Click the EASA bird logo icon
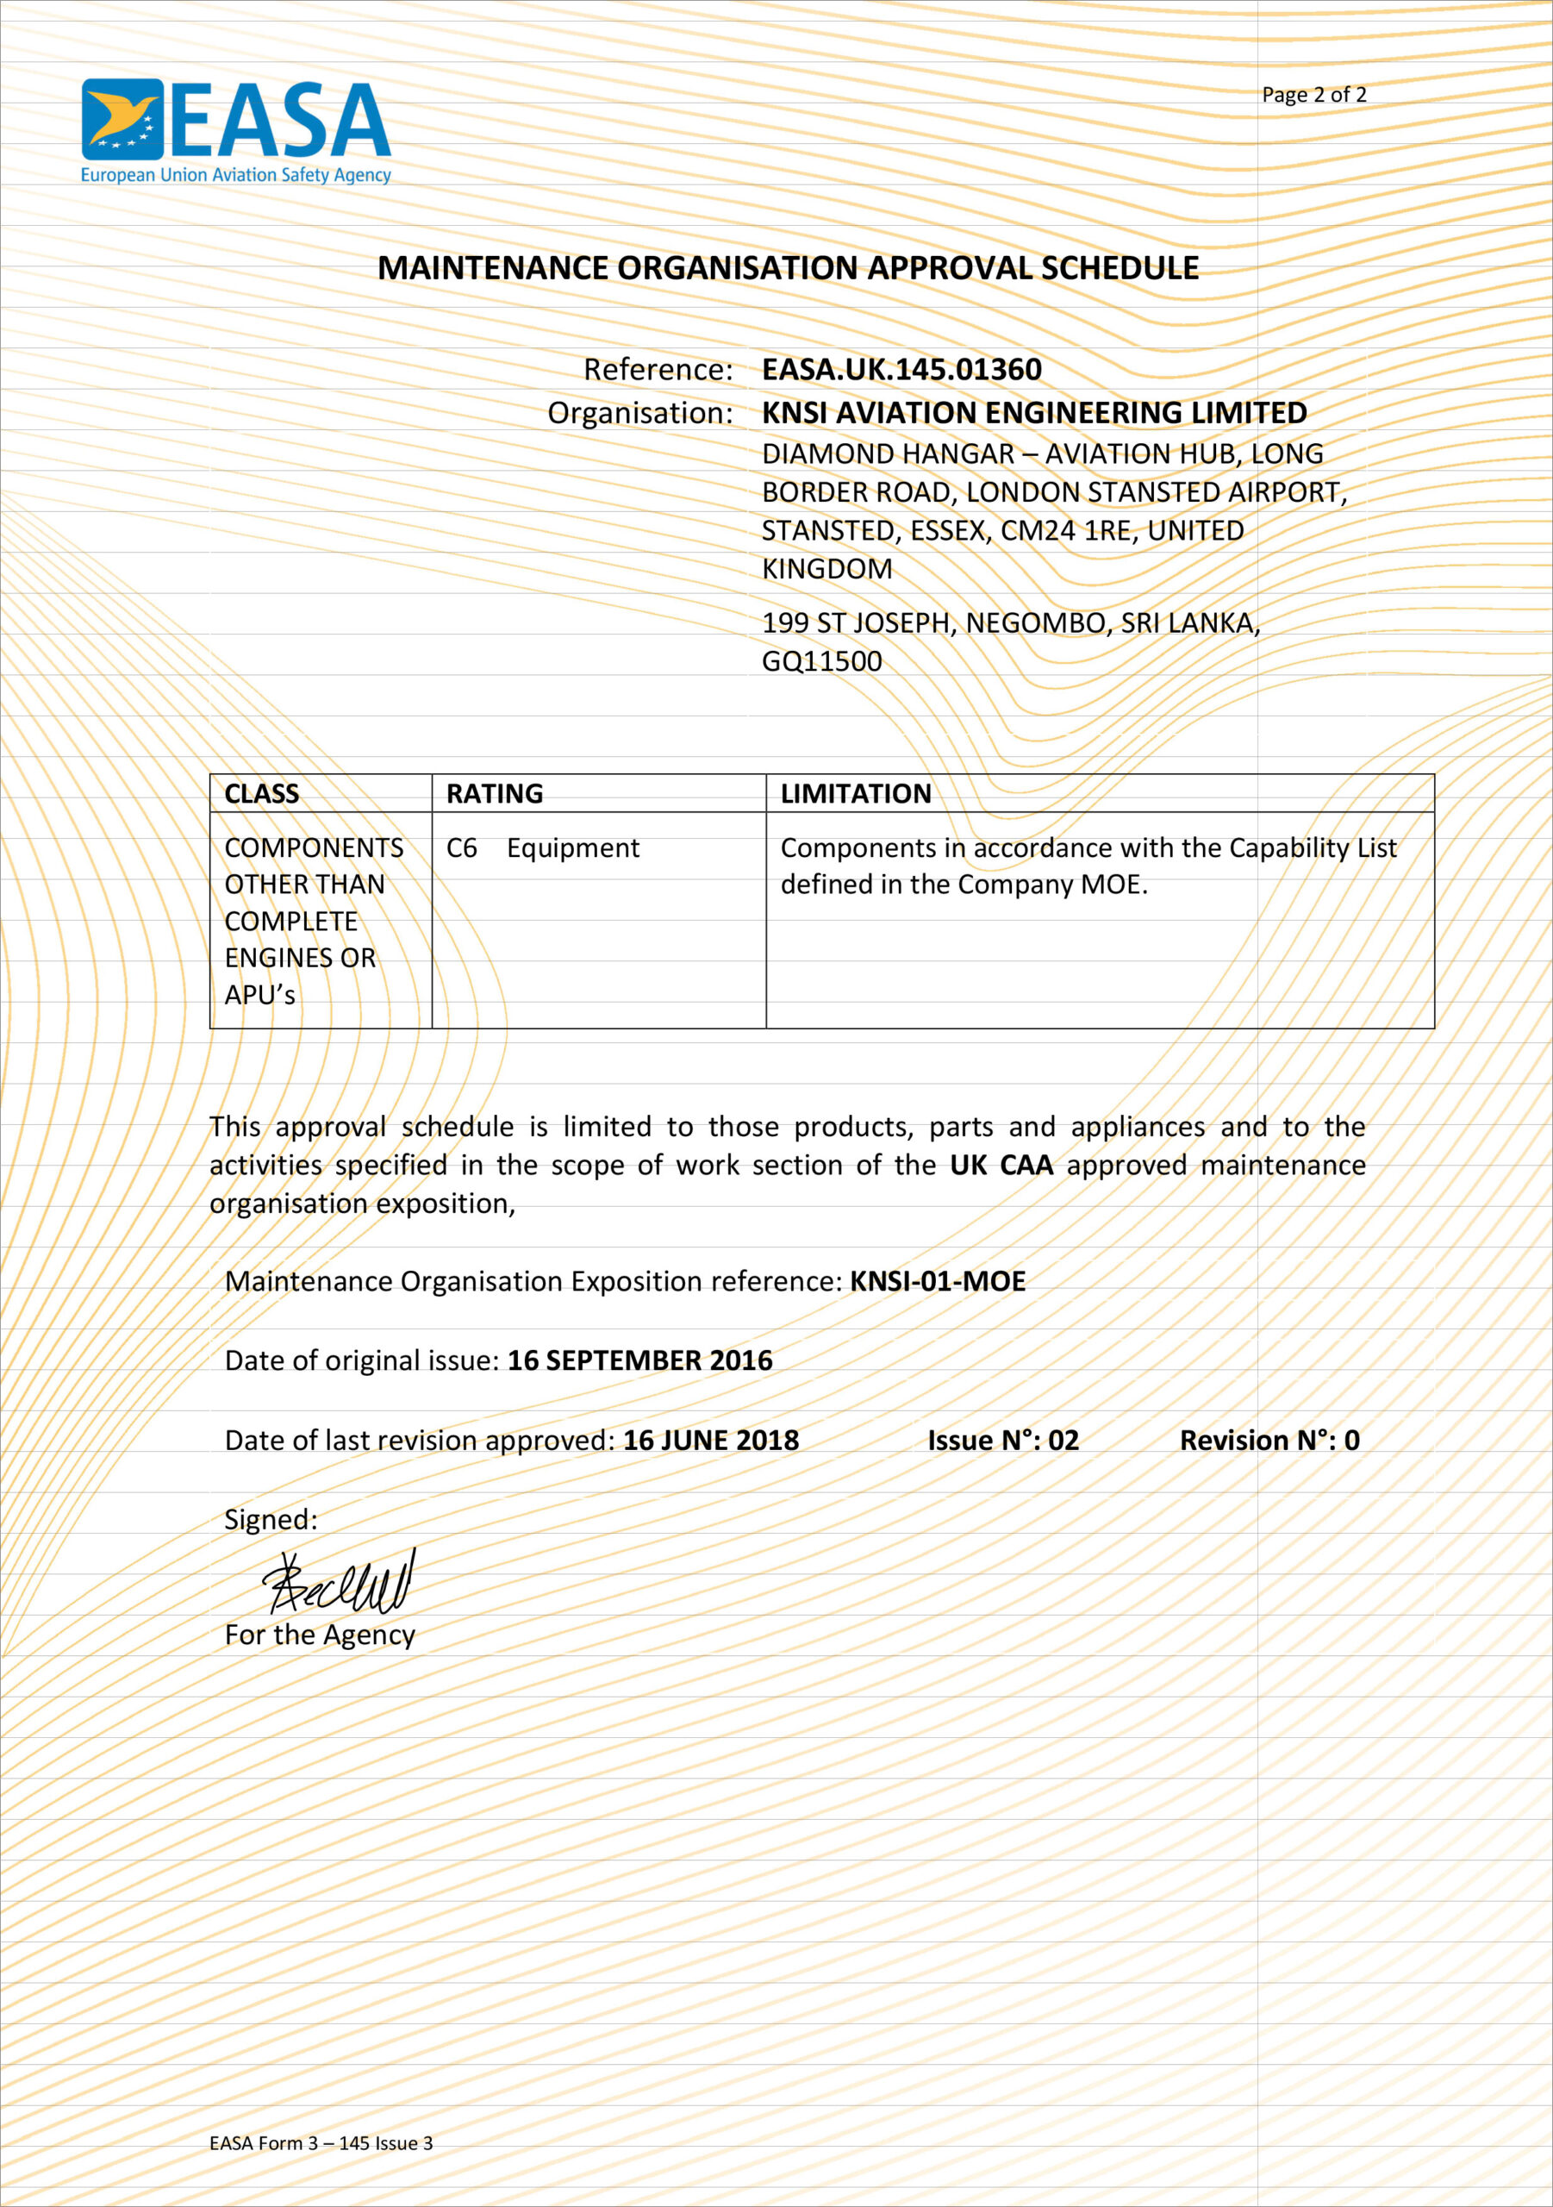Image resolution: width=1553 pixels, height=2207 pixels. pyautogui.click(x=122, y=119)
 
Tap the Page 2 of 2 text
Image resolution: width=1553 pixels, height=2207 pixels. pyautogui.click(x=1313, y=94)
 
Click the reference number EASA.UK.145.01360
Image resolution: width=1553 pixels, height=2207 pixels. pyautogui.click(x=901, y=369)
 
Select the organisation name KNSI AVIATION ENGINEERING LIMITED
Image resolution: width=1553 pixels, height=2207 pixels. pyautogui.click(x=1034, y=412)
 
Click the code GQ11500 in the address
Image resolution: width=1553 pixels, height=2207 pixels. pyautogui.click(x=821, y=661)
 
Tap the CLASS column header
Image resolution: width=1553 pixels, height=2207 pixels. pyautogui.click(x=261, y=793)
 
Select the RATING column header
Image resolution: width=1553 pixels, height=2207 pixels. pyautogui.click(x=494, y=793)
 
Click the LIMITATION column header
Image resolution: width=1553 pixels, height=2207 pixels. pyautogui.click(x=855, y=793)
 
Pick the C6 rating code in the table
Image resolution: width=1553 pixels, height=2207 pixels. pyautogui.click(x=461, y=847)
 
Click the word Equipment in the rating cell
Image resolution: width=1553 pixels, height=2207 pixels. pyautogui.click(x=573, y=847)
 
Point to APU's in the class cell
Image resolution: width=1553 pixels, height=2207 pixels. pyautogui.click(x=259, y=995)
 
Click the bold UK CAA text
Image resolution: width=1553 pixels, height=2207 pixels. pyautogui.click(x=1001, y=1165)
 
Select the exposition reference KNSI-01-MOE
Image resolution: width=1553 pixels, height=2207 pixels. pyautogui.click(x=938, y=1281)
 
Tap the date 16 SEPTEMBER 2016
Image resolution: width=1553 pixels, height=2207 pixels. pyautogui.click(x=640, y=1360)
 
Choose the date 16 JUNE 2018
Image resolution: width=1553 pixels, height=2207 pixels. pyautogui.click(x=711, y=1440)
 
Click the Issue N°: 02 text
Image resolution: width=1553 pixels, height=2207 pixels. pyautogui.click(x=1003, y=1440)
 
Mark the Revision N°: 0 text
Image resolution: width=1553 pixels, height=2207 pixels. pyautogui.click(x=1269, y=1440)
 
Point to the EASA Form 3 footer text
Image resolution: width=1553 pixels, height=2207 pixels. pyautogui.click(x=321, y=2142)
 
